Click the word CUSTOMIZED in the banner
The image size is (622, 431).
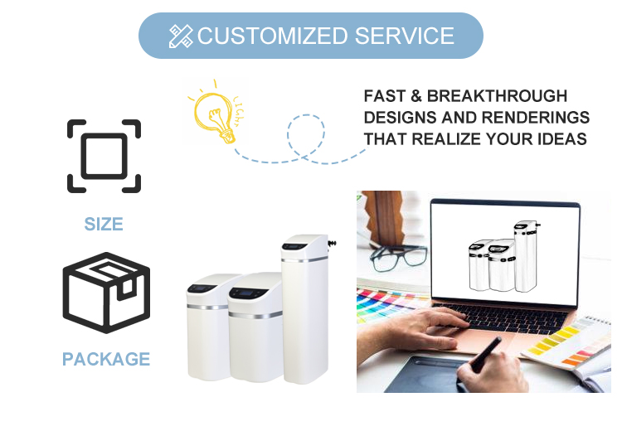[272, 36]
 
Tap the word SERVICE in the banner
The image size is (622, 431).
[404, 36]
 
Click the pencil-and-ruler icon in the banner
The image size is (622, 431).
[181, 36]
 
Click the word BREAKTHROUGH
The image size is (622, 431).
[497, 96]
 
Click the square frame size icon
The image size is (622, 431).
[104, 121]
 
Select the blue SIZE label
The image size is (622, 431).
[104, 224]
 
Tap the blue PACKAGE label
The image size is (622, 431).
[106, 359]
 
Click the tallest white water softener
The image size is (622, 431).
[305, 309]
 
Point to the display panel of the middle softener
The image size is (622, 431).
[248, 293]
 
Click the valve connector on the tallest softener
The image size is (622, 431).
[332, 243]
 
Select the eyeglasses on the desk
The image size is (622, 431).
[399, 258]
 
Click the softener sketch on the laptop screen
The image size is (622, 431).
[503, 257]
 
